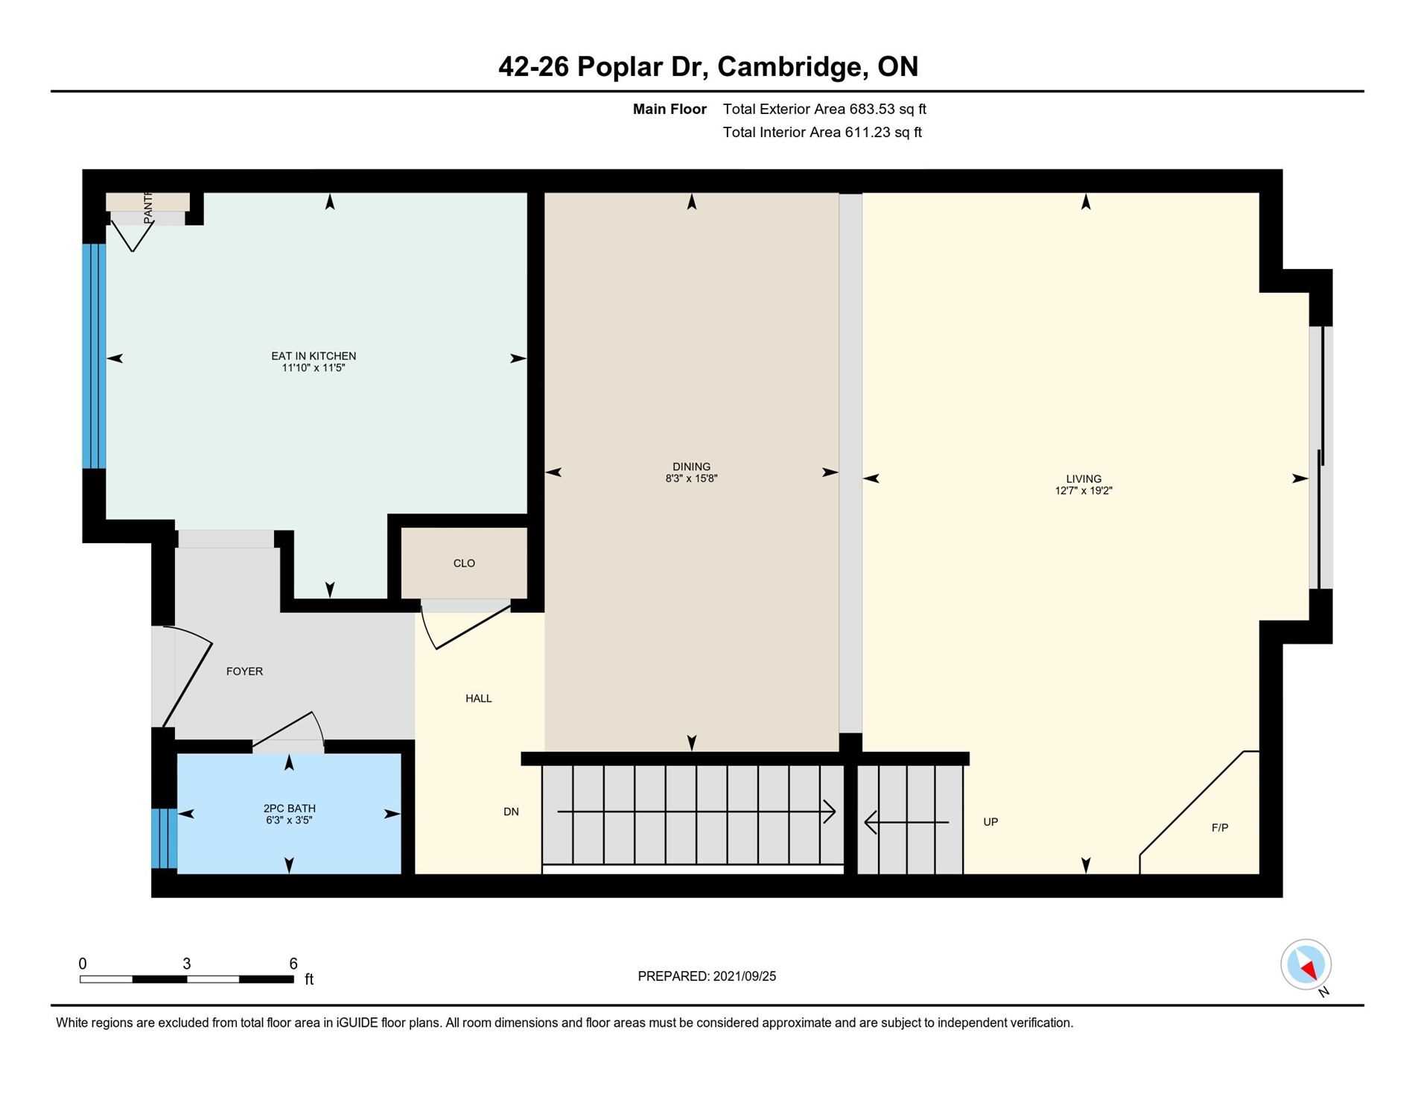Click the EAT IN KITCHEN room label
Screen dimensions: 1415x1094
[314, 356]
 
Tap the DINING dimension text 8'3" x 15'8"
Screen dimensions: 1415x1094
[691, 478]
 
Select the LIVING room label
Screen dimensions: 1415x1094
[1084, 479]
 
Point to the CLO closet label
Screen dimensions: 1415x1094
[464, 563]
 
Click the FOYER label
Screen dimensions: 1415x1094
[244, 671]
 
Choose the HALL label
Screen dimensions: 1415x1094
[478, 698]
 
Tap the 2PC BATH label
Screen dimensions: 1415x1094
[289, 809]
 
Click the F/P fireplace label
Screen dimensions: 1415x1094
[1220, 827]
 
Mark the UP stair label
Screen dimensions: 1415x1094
[990, 822]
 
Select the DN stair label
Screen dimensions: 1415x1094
[511, 812]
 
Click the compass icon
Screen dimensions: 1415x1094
[1306, 965]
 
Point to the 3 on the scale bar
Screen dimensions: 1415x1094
[187, 964]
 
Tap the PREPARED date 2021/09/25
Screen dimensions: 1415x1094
[744, 976]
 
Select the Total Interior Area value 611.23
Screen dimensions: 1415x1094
[868, 132]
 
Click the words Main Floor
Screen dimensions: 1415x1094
[670, 109]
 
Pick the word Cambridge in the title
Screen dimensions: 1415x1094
[793, 67]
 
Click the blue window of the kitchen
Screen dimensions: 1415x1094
[94, 356]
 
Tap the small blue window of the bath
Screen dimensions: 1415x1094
[165, 838]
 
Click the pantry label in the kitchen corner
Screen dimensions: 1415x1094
[147, 206]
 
